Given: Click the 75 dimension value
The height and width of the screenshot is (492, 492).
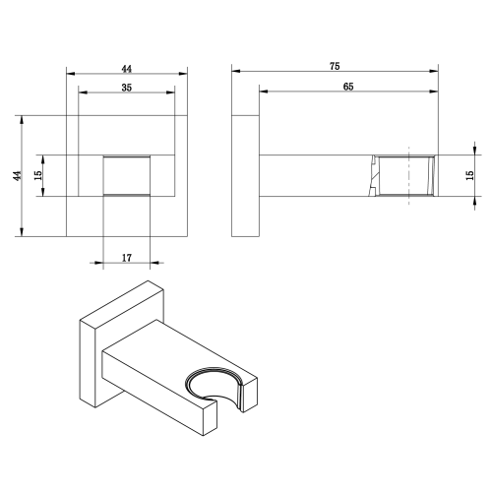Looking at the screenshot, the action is pos(335,66).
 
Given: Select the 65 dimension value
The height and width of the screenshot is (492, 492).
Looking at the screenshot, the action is pos(348,87).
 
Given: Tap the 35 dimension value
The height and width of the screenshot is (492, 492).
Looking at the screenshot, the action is pos(127,88).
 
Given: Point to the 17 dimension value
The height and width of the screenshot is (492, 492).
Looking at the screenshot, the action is pos(127,258).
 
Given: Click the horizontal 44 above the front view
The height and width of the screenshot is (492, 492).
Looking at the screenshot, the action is pos(127,69).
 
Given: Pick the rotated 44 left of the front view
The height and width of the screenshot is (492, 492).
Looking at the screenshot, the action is pos(18,175).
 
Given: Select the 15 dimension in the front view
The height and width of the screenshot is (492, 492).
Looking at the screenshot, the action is pos(38,175).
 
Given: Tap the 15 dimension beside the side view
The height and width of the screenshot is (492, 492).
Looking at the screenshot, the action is pos(469,175).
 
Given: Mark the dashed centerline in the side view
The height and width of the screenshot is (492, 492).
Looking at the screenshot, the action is pos(408,176).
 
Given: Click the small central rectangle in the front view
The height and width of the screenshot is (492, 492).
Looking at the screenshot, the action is pos(127,176).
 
